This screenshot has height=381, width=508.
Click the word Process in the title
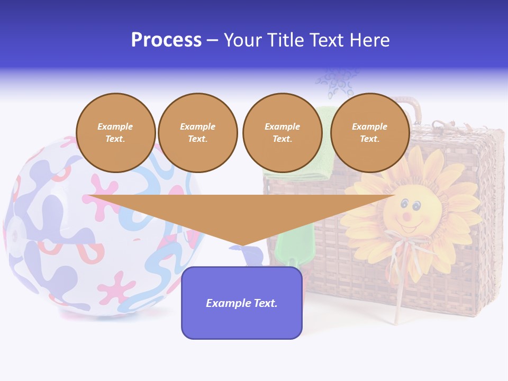(166, 40)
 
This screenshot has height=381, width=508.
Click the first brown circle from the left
(115, 133)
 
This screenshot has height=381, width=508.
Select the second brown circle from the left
(197, 133)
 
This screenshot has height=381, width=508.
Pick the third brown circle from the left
(282, 133)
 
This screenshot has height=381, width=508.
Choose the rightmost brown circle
(369, 133)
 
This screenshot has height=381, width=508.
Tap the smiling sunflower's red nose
(406, 216)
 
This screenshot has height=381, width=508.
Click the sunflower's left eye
(404, 203)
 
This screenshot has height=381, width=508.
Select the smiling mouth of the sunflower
(409, 228)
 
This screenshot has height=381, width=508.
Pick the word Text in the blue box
(265, 303)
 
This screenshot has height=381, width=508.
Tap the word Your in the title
(243, 40)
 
